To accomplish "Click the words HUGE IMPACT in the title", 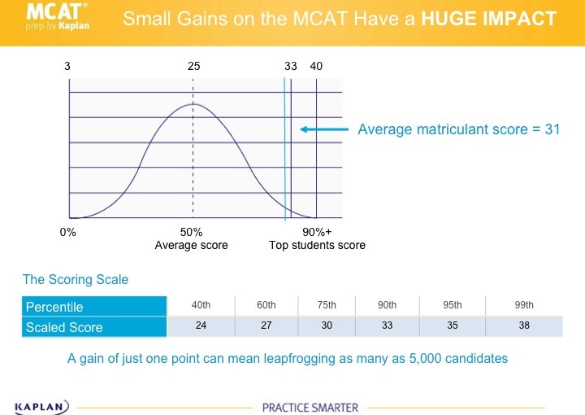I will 489,19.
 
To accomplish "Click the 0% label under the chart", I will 68,233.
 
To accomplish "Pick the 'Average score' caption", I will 192,245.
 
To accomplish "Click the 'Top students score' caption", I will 318,245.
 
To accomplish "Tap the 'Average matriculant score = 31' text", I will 459,129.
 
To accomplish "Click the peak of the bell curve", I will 193,104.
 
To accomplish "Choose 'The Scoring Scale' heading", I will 76,280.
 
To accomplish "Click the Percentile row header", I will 54,307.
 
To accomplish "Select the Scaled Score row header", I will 64,327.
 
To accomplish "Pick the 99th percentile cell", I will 524,305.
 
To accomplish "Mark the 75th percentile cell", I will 327,305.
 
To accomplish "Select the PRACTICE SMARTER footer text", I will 310,407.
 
